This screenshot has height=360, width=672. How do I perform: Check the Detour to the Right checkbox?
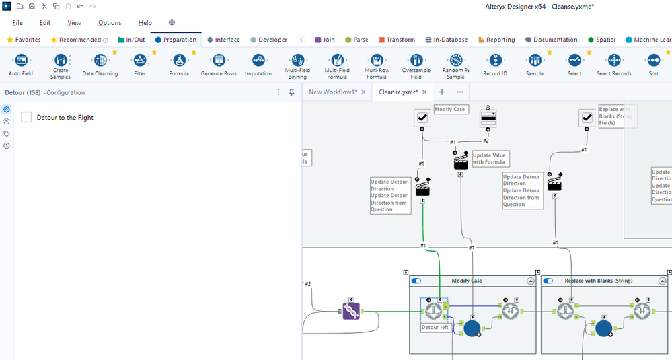point(27,118)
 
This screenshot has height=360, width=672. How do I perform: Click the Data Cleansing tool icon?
point(100,61)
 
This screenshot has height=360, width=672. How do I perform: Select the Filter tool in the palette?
point(139,61)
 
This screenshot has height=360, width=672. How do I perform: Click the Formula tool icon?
point(179,61)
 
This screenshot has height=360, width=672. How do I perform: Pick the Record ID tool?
point(495,61)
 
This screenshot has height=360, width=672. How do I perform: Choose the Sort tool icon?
point(653,61)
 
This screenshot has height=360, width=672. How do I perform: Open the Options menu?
point(110,23)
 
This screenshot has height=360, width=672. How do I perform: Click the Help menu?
point(145,23)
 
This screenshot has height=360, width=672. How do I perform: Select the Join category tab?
point(325,40)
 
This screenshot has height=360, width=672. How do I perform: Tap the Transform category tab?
point(397,40)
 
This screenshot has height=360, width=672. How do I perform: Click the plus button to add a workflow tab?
point(442,92)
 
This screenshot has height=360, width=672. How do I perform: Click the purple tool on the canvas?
point(350,311)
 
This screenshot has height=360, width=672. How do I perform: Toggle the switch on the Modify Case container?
point(416,281)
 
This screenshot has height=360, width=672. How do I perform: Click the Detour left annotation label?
point(435,328)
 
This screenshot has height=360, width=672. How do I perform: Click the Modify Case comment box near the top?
point(450,109)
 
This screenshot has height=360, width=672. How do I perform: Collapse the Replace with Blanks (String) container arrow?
point(663,281)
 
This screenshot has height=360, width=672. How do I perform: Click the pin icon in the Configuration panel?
point(292,92)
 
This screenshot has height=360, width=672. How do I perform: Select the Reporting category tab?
point(496,40)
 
